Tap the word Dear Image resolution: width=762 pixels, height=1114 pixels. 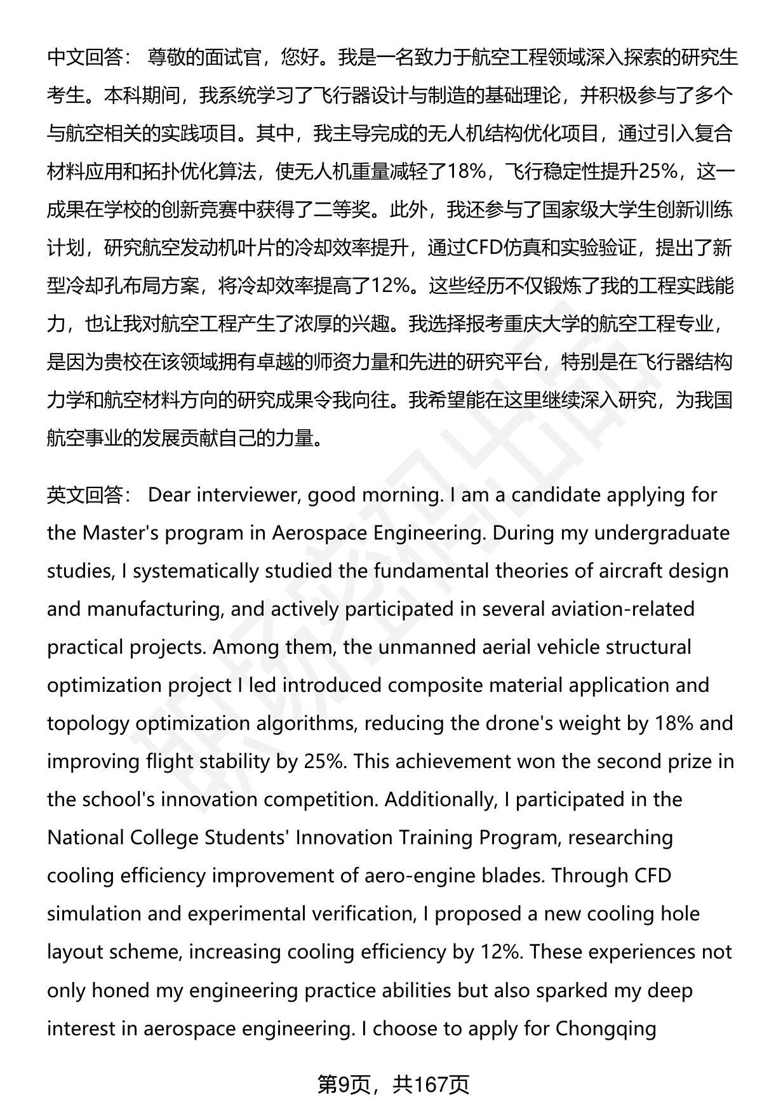(x=170, y=494)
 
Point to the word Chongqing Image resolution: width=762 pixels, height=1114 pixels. (x=606, y=1028)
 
